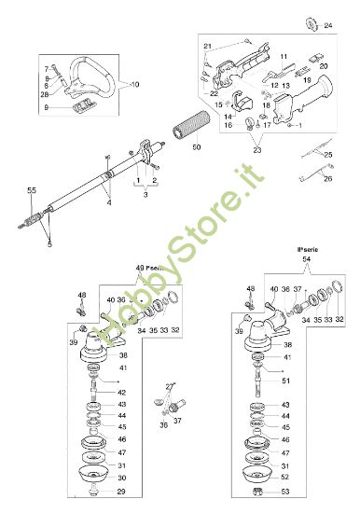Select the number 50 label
pyautogui.click(x=196, y=147)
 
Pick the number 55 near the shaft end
pyautogui.click(x=31, y=190)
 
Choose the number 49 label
pyautogui.click(x=139, y=268)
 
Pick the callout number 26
pyautogui.click(x=326, y=179)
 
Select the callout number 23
pyautogui.click(x=258, y=149)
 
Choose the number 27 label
pyautogui.click(x=170, y=384)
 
